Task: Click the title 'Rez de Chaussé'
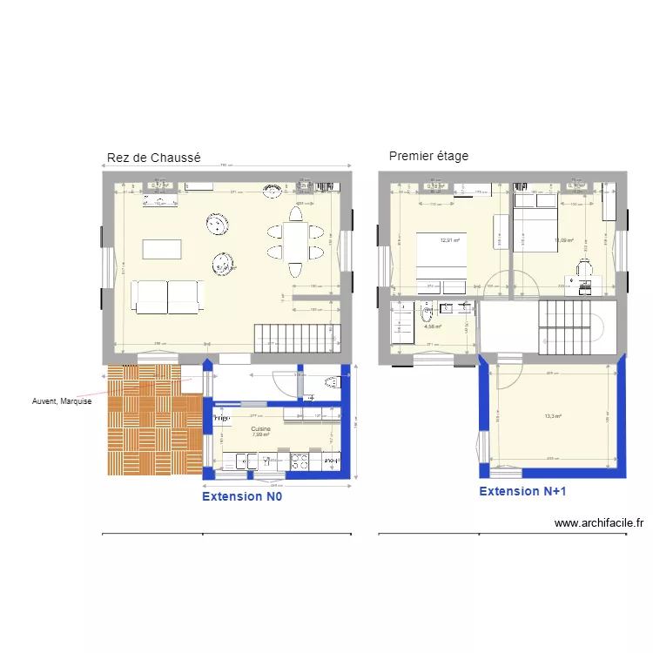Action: (153, 158)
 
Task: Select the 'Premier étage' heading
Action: (428, 156)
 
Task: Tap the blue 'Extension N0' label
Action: (242, 496)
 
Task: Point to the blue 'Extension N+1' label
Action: (522, 491)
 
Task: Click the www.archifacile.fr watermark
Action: (599, 523)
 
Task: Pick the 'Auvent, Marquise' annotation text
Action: (61, 401)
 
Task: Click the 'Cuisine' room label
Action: (260, 429)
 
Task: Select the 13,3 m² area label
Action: (553, 416)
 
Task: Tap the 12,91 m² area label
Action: (449, 241)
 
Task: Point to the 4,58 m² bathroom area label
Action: (433, 327)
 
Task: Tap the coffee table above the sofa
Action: (163, 248)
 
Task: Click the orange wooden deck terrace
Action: (152, 421)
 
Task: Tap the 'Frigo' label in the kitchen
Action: (220, 418)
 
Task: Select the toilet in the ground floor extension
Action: (330, 382)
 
